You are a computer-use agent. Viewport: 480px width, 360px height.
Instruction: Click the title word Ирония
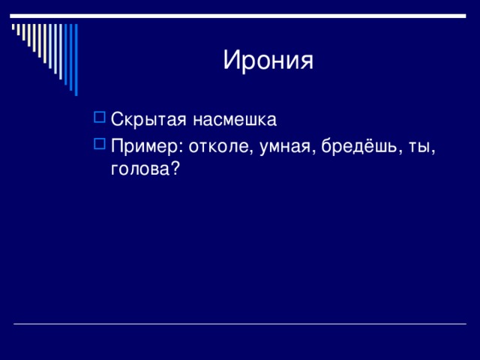tap(268, 60)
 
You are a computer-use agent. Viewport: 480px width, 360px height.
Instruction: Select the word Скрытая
tap(148, 120)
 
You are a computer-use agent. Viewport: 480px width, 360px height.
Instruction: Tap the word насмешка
tap(235, 120)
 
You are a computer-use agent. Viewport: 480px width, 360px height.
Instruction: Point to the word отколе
tap(218, 147)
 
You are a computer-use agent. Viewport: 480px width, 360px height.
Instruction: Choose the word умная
tap(285, 147)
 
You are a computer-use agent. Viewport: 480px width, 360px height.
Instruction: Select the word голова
tap(140, 169)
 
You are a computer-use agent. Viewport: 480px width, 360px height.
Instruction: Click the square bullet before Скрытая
tap(100, 117)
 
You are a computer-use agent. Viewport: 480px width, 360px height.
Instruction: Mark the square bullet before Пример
tap(100, 144)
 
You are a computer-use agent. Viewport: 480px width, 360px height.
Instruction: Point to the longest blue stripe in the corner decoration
tap(76, 60)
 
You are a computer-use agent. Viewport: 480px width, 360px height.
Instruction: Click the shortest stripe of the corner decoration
tap(13, 27)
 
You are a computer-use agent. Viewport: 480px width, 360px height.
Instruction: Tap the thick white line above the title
tap(238, 16)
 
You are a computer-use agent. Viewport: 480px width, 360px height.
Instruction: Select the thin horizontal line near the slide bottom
tap(240, 323)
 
